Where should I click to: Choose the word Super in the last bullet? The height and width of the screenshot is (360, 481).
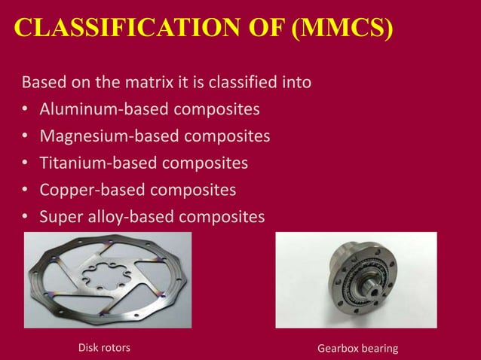tap(59, 216)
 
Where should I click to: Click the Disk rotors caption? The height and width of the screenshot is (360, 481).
tap(104, 347)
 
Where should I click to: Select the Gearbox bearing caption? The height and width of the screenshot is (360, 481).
tap(357, 347)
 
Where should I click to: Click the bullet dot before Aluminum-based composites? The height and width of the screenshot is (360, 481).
tap(25, 110)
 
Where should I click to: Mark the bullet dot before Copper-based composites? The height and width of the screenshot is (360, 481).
tap(25, 190)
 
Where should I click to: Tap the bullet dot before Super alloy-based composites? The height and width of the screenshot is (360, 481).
tap(25, 217)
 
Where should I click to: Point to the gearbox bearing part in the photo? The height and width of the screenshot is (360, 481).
tap(354, 278)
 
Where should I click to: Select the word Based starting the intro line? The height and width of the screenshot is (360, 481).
tap(44, 81)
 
